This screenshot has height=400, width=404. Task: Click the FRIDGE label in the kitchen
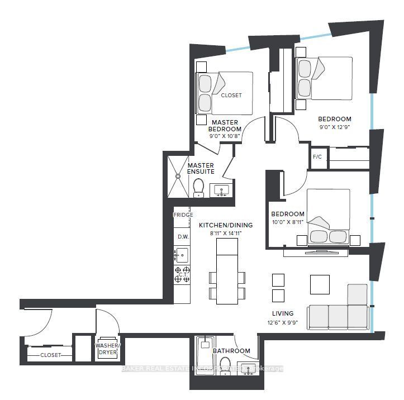183,215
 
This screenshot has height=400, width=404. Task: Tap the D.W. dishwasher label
183,236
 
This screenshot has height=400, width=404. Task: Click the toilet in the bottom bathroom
225,366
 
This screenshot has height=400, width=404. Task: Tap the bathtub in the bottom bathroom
206,358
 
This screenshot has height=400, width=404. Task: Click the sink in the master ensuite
221,191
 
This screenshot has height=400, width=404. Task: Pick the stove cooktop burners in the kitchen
183,274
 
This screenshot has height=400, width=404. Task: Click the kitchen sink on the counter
182,255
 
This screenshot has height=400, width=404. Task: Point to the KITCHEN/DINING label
226,225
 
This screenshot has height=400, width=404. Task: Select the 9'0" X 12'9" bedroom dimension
335,127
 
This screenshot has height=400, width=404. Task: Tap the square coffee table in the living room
320,284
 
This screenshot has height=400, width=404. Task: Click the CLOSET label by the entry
51,355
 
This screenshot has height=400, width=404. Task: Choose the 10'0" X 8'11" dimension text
288,222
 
